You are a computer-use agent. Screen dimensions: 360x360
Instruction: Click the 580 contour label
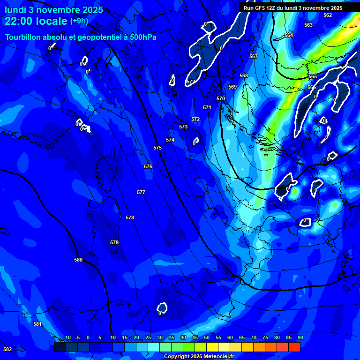pos(78,260)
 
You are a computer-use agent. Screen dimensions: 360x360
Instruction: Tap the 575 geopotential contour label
pos(157,148)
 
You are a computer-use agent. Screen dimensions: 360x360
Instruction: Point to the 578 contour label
pos(130,217)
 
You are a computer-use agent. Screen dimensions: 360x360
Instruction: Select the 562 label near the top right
pos(328,15)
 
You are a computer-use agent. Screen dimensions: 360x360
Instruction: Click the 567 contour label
pos(254,56)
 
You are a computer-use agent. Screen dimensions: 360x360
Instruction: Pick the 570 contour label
pos(221,98)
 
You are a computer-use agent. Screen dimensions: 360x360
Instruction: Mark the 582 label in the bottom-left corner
pos(7,349)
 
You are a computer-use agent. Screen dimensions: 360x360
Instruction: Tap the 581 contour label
pos(37,324)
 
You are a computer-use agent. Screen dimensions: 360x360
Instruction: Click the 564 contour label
pos(289,35)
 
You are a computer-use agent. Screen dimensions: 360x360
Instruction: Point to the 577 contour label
pos(141,192)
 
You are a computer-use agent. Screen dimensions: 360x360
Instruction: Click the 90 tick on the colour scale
pos(300,337)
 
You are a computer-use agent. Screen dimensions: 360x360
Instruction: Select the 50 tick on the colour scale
pos(207,337)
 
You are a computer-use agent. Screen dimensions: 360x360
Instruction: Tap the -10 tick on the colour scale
pos(67,337)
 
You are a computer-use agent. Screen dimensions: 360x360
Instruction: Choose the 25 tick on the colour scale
pos(148,337)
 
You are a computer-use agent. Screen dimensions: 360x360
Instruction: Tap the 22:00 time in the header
pos(20,21)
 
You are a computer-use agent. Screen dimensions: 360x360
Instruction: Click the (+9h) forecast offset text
pos(79,21)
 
